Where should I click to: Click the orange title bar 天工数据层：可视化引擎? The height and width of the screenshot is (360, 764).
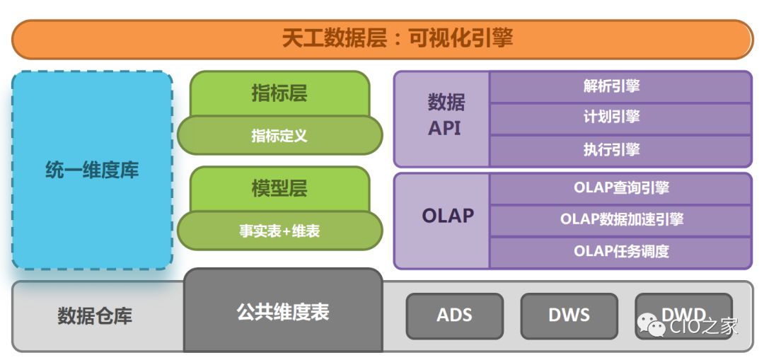[x=382, y=39]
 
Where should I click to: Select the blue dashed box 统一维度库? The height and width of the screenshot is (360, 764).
[x=92, y=170]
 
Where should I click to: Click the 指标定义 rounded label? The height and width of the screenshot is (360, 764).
[x=279, y=135]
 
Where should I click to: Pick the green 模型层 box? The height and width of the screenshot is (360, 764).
[x=279, y=188]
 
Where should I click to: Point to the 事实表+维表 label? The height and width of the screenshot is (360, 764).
[x=279, y=231]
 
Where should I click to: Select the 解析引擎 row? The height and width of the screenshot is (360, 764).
[x=620, y=86]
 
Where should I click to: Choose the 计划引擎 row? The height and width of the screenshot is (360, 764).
[x=620, y=117]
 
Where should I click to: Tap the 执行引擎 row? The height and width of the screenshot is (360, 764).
[x=620, y=149]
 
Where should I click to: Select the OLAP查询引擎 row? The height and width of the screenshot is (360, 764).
[x=620, y=188]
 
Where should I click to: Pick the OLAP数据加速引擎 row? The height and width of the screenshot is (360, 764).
[x=620, y=219]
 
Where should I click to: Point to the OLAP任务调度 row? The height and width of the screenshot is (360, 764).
[x=620, y=251]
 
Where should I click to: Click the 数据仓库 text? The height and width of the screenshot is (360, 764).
[x=95, y=315]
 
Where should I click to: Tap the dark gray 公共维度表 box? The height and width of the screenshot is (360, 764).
[x=283, y=312]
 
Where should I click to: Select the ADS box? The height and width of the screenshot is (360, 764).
[x=454, y=315]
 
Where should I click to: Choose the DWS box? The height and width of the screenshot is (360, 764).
[x=569, y=315]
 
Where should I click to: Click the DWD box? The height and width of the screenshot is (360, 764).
[x=683, y=311]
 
